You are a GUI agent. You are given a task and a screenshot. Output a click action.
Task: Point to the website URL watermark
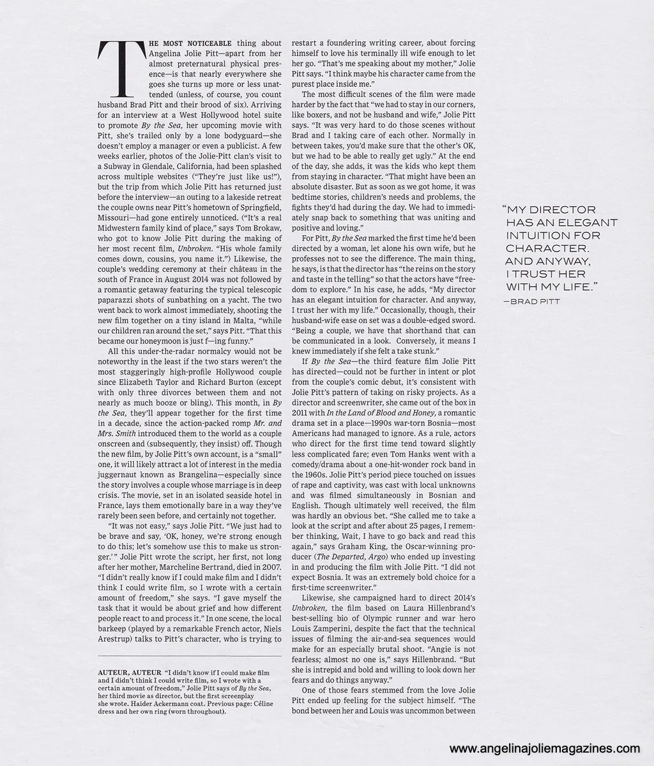544,748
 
